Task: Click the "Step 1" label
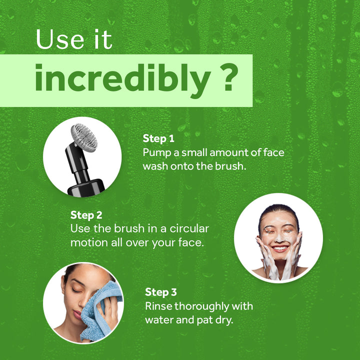pyautogui.click(x=158, y=138)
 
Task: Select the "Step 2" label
pyautogui.click(x=86, y=215)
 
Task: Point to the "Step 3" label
pyautogui.click(x=161, y=292)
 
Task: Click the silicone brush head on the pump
pyautogui.click(x=84, y=137)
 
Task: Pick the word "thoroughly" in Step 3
pyautogui.click(x=201, y=306)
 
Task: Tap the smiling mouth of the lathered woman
pyautogui.click(x=280, y=248)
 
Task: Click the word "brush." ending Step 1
pyautogui.click(x=230, y=166)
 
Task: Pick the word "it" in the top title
pyautogui.click(x=103, y=39)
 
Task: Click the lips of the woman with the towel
pyautogui.click(x=77, y=314)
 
